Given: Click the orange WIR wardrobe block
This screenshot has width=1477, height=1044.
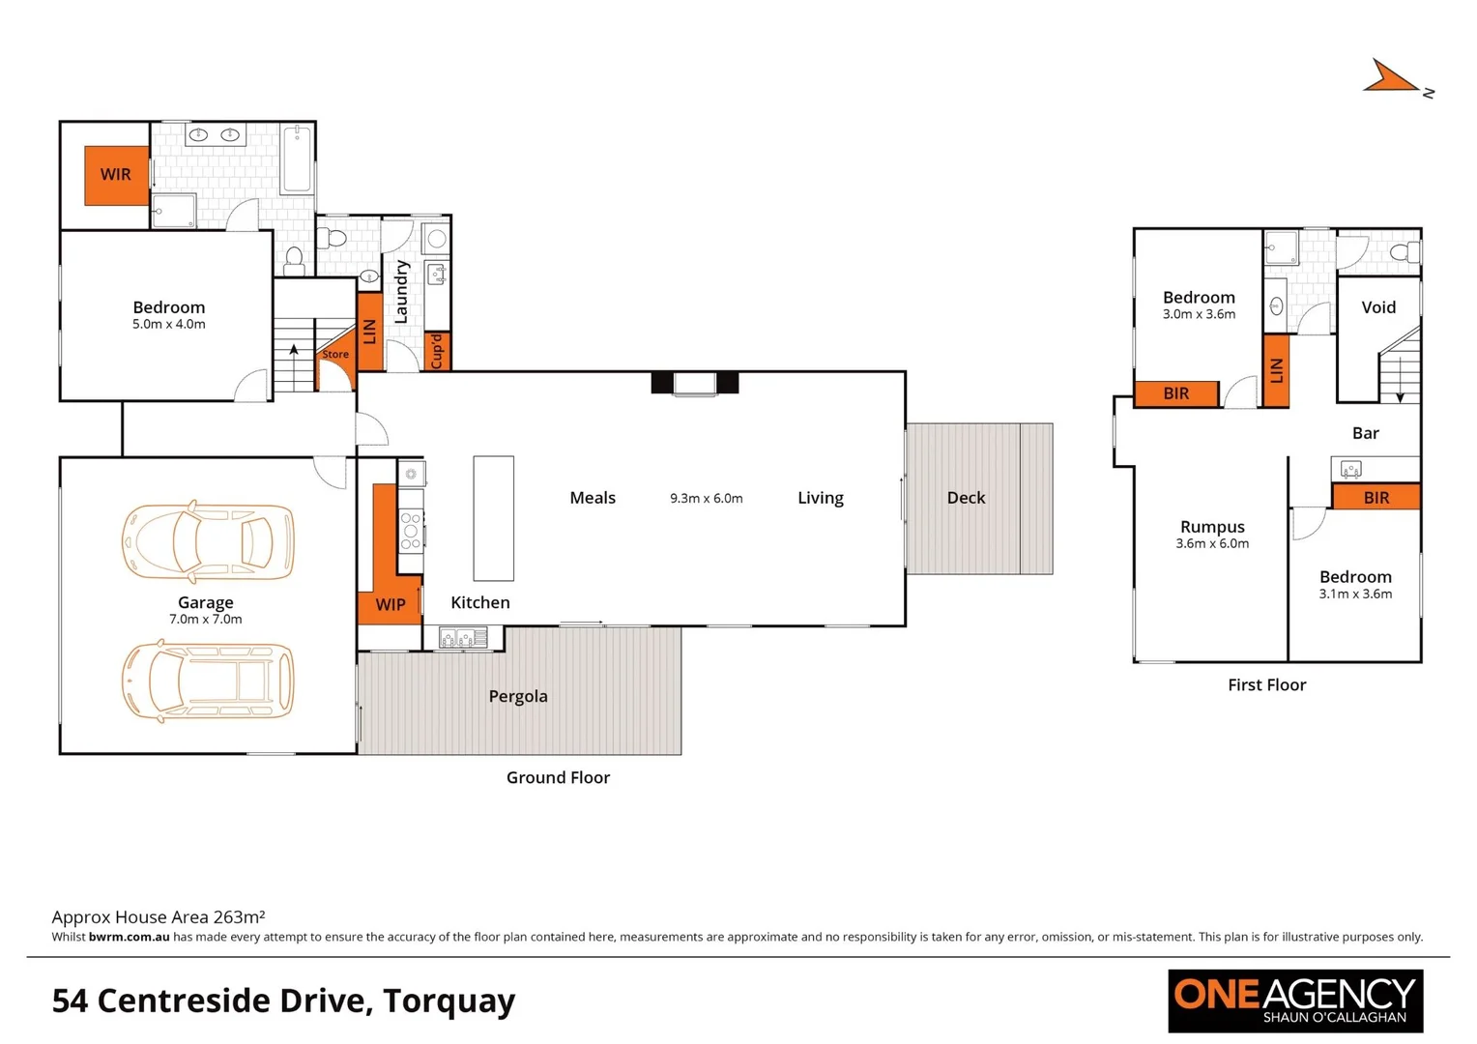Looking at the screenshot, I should [x=116, y=175].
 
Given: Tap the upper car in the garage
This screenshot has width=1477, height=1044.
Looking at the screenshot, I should [x=208, y=541].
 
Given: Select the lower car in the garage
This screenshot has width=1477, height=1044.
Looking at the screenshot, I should [x=208, y=681].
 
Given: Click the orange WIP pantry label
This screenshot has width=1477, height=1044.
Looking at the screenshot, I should [x=391, y=605].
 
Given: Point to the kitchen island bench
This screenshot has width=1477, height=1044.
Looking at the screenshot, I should [x=493, y=518].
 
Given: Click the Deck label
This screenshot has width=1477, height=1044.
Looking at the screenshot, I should [x=966, y=498].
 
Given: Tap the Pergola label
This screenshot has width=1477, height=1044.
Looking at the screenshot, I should [x=518, y=696].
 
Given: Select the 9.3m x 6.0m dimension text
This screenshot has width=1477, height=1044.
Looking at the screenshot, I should [x=707, y=499].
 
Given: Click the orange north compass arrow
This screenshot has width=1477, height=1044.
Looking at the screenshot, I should [x=1390, y=78].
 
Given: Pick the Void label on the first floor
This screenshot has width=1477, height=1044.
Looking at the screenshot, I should [x=1378, y=307].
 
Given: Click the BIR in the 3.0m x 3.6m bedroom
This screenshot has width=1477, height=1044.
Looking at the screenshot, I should [x=1176, y=393].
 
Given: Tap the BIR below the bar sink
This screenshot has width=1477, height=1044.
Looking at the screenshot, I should [x=1376, y=498].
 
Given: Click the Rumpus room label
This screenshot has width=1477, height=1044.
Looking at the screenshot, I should [x=1212, y=527].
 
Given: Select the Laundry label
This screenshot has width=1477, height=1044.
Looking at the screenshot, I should [x=401, y=292].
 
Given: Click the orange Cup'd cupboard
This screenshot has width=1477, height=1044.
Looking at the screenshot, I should [x=437, y=351].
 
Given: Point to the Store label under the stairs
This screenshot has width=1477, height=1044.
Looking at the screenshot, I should [x=335, y=355].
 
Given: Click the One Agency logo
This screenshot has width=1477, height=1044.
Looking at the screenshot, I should [x=1295, y=1000].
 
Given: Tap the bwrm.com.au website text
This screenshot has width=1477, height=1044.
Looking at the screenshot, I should [x=129, y=937].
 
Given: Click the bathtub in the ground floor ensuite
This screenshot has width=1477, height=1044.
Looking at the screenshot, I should [x=297, y=159].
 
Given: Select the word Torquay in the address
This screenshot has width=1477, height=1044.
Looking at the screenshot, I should [x=449, y=1000].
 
